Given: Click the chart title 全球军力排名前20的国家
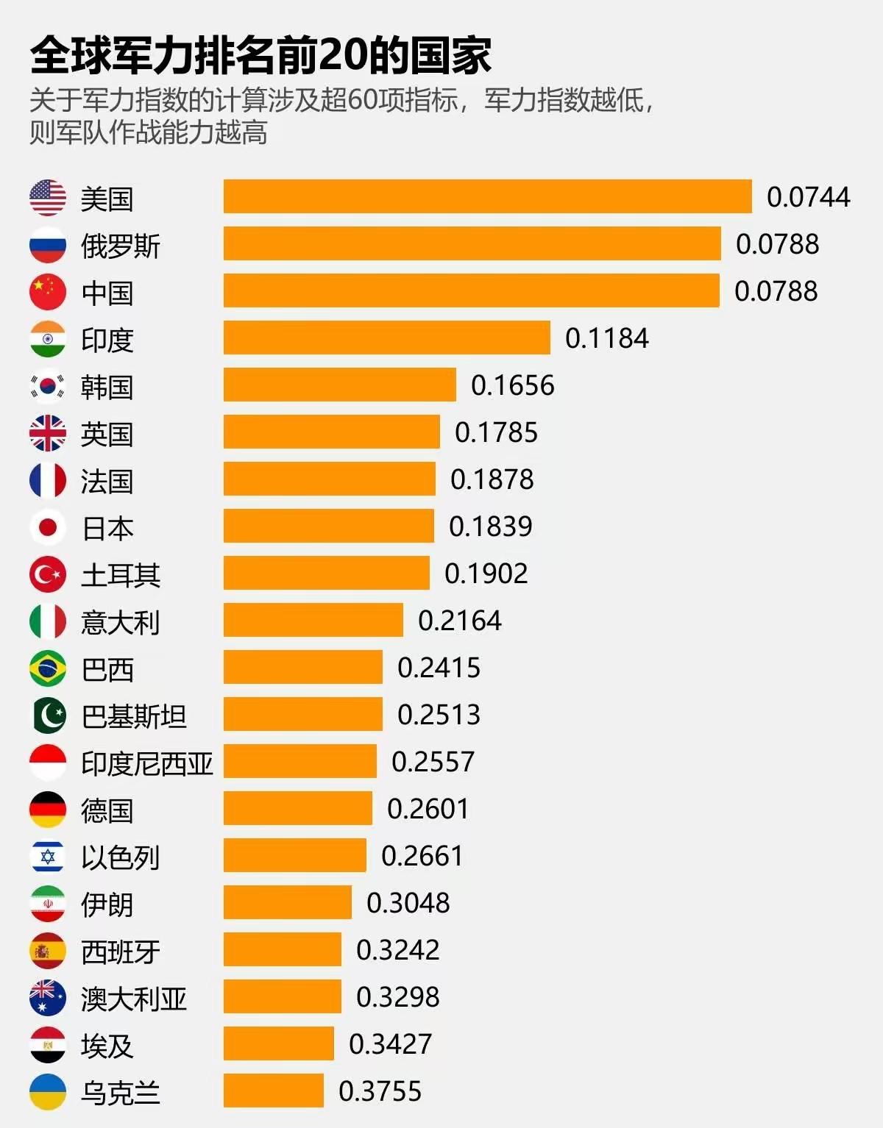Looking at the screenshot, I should coord(260,56).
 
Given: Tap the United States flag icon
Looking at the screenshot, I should coord(48,198).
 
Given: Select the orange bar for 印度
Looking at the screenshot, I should coord(386,338).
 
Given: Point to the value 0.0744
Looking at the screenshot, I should coord(808,197).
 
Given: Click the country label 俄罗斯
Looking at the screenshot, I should coord(120,246).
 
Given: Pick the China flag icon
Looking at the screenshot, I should coord(48,292).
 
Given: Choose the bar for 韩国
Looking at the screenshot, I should coord(339,385).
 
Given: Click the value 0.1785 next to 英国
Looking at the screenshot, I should coord(496,432).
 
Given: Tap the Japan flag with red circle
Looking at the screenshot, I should coord(48,527).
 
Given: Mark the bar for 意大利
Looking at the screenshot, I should coord(313,620).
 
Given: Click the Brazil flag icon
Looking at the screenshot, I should coord(48,668).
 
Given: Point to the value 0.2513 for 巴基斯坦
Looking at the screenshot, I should coord(439,715).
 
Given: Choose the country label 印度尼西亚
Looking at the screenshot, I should coord(146,763).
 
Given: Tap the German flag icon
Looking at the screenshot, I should coord(48,810).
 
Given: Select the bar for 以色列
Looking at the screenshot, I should coord(294,855).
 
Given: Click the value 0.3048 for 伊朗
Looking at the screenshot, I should coord(408,903).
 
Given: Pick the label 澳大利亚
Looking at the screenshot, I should coord(133,999).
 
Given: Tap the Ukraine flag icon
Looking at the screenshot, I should coord(48,1092).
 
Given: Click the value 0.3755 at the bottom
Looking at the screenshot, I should coord(380,1091).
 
